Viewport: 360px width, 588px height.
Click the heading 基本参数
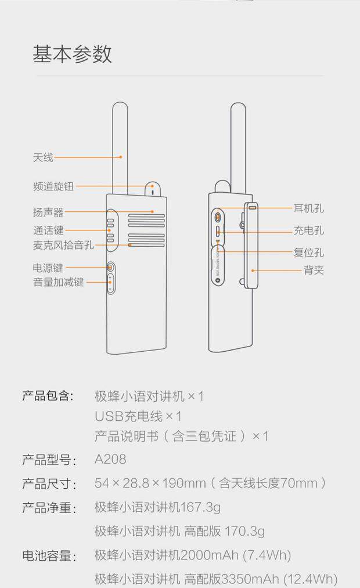[72, 53]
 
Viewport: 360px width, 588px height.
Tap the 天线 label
[43, 157]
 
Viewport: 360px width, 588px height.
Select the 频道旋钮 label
[53, 187]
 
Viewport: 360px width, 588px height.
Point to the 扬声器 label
[48, 212]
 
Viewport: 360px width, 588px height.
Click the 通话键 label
[48, 230]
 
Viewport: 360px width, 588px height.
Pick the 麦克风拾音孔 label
[63, 245]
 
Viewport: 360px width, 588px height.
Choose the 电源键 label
[48, 268]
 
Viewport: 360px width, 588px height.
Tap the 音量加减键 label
[58, 282]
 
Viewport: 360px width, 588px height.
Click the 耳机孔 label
[308, 208]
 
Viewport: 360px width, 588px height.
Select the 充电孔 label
[308, 231]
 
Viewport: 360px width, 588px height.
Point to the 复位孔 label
[308, 252]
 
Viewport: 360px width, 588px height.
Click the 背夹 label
[314, 270]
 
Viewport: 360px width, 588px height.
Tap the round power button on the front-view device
[110, 268]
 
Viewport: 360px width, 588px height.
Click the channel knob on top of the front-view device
[152, 189]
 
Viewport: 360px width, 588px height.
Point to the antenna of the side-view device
[238, 145]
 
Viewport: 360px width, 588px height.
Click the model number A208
[110, 460]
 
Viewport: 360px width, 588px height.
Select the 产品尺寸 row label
[49, 484]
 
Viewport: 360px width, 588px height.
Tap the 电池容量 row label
[49, 556]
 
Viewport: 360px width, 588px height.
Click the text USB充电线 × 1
[138, 416]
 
